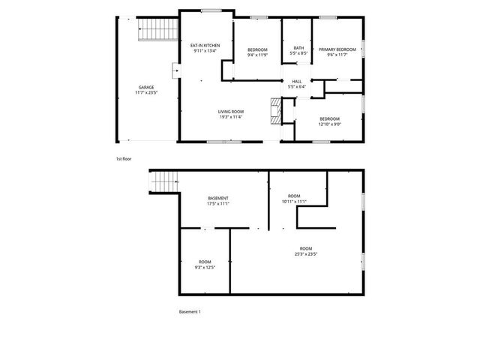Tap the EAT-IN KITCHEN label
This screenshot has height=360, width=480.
205,46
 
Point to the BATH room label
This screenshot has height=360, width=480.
298,48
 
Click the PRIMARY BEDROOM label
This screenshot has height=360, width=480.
337,49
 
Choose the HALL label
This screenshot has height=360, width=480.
296,81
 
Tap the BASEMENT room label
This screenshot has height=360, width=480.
218,198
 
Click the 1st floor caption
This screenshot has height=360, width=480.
123,159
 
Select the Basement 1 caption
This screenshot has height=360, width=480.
190,311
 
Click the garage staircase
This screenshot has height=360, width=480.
157,31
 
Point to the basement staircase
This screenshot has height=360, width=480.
164,181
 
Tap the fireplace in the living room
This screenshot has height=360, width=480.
275,111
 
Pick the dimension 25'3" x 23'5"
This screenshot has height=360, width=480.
306,254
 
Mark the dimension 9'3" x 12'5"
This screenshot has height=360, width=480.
205,267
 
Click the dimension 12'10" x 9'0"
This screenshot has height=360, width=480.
330,124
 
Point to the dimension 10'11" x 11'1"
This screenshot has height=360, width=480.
295,202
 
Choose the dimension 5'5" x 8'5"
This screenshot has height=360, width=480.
298,54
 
